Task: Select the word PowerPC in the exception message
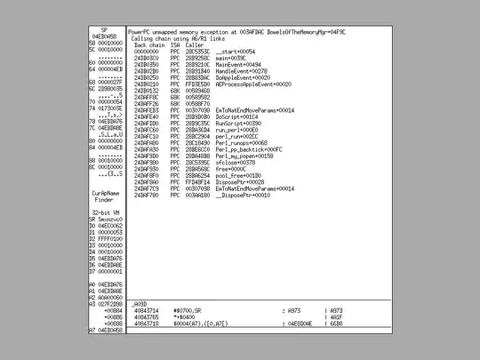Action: [142, 34]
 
